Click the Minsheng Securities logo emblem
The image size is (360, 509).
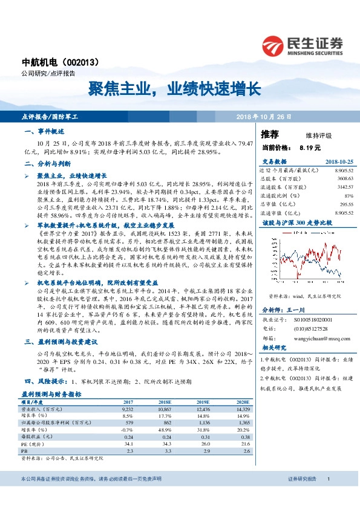[x=273, y=44]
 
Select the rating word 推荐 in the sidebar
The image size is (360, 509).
[x=270, y=134]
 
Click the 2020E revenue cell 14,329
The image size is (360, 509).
[x=241, y=409]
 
